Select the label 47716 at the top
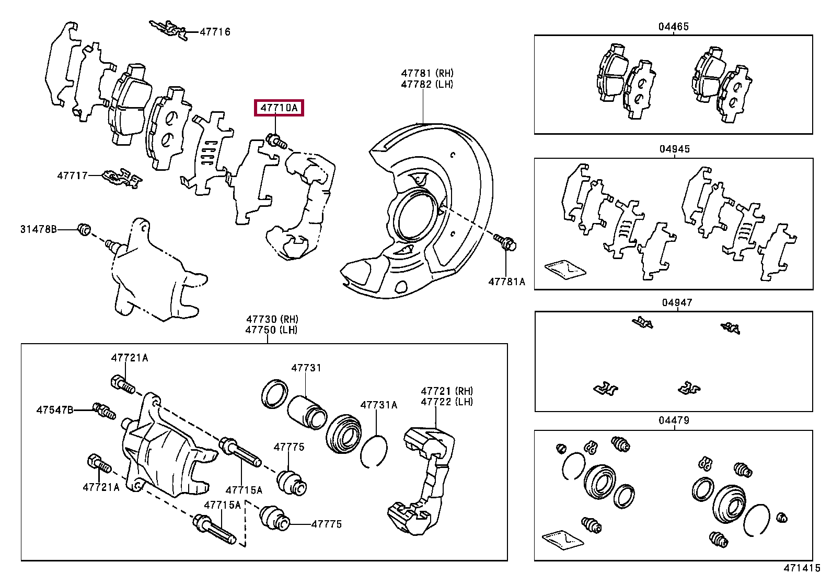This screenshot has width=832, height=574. [x=215, y=32]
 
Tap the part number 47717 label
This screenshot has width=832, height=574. [x=72, y=176]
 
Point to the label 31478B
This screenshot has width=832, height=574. [x=38, y=229]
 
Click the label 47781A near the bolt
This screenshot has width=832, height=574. [x=506, y=282]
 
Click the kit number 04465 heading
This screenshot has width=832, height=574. [x=673, y=26]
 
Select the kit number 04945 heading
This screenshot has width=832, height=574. [x=674, y=149]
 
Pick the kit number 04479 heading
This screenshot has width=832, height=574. [x=674, y=420]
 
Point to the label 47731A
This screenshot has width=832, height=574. [x=378, y=404]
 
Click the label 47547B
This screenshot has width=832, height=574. [x=55, y=410]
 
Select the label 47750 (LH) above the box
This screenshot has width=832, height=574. [x=272, y=330]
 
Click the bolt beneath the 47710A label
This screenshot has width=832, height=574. [x=275, y=140]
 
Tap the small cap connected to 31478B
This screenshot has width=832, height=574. [x=84, y=228]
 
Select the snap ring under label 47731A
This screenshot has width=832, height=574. [x=374, y=451]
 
